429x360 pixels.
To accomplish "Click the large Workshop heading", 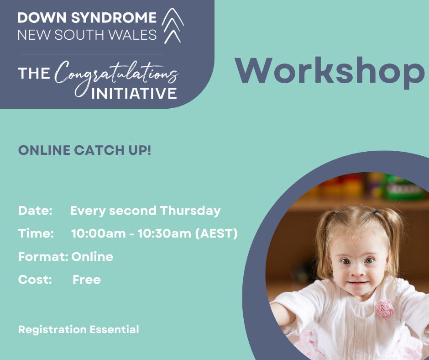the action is point(330,72).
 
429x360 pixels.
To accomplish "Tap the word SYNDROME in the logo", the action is point(114,18).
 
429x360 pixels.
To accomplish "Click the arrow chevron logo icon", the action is point(173,26).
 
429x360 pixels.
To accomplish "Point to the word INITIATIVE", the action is point(134,93).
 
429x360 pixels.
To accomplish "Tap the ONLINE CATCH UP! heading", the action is point(84,150).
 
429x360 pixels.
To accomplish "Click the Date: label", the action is point(35,211).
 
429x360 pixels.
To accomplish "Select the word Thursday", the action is point(190,211).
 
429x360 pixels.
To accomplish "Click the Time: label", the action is point(36,233).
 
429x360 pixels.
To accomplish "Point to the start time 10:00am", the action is point(99,234).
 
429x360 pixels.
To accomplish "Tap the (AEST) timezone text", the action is point(216,234).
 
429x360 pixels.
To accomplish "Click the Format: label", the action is point(43,257).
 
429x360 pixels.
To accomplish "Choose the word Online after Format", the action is point(92,257).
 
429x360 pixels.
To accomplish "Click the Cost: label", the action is point(35,280).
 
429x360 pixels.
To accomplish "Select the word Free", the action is point(87,280).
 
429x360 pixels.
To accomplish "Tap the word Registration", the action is point(52,329).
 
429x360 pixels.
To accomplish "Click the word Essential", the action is point(115,329).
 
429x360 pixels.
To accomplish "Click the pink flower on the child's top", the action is point(384,309).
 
